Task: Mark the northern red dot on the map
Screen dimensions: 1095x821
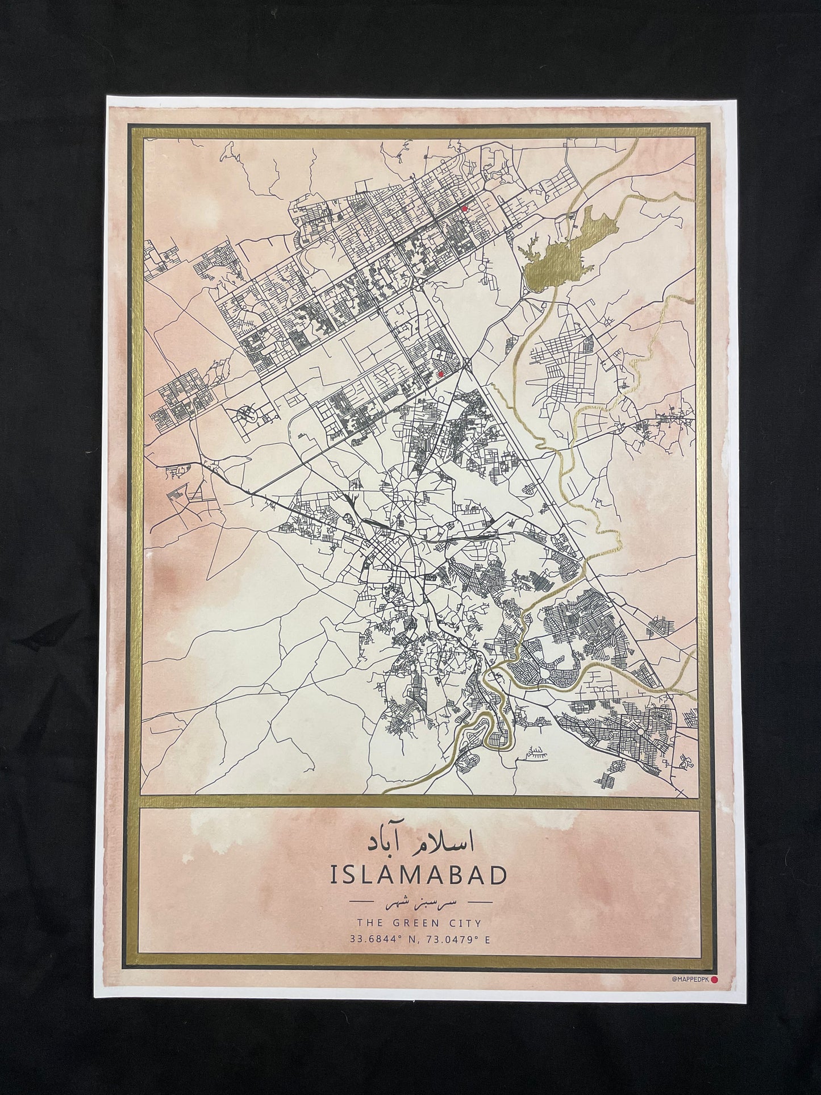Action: pyautogui.click(x=464, y=209)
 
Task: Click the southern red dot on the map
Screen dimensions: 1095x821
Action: pyautogui.click(x=440, y=374)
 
